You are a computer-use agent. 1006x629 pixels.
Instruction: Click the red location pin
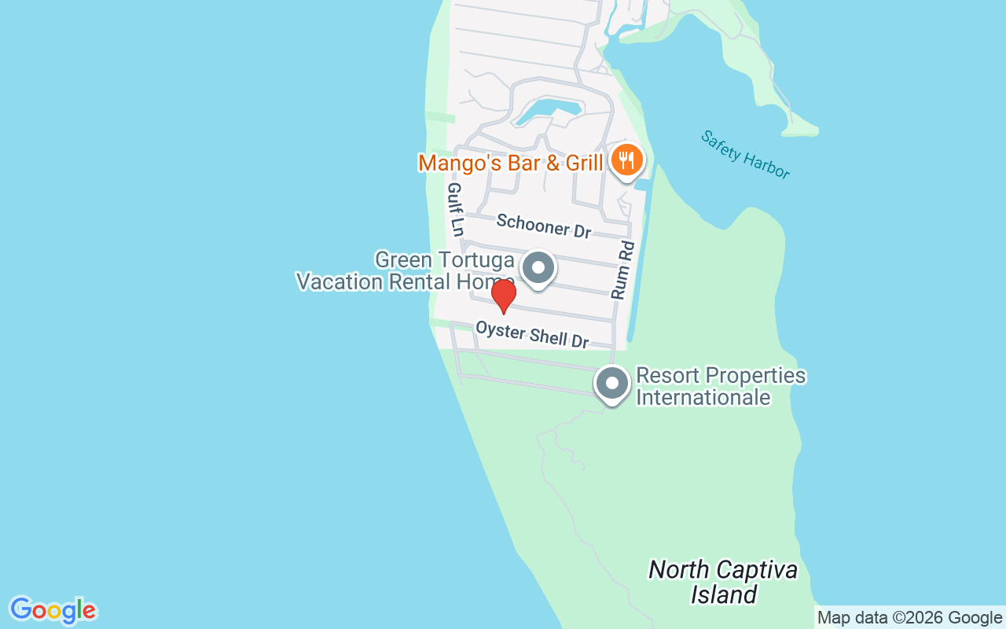pos(503,296)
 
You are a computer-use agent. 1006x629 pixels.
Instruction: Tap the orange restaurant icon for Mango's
pos(626,160)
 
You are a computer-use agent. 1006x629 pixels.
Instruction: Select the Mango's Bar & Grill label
pos(510,163)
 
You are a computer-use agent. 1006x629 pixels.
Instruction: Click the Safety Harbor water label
pos(745,155)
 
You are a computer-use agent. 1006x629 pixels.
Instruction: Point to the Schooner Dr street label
pos(543,226)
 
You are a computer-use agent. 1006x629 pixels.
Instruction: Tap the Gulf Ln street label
pos(455,209)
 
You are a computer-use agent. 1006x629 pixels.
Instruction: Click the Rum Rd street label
pos(622,270)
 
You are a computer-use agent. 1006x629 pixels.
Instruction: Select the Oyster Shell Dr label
pos(532,333)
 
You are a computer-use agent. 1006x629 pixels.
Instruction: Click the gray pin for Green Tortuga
pos(538,268)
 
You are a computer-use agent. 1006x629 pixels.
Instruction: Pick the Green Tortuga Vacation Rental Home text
pos(406,270)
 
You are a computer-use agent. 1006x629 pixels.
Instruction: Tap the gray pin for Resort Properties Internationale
pos(612,384)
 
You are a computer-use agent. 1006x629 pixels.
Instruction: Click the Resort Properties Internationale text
pos(720,386)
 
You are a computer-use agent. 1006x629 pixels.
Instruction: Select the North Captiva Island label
pos(723,581)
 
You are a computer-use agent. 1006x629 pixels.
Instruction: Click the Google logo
pos(53,610)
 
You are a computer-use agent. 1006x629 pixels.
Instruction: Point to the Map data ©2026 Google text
pos(909,618)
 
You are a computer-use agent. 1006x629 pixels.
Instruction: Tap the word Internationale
pos(703,397)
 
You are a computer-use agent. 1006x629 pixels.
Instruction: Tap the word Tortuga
pos(478,260)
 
